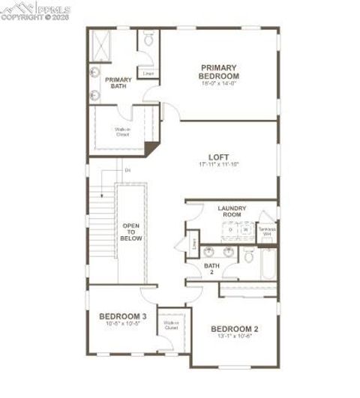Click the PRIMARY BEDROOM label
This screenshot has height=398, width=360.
[x=219, y=70]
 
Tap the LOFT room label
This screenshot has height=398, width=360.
[x=218, y=156]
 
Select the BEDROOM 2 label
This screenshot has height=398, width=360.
[x=234, y=329]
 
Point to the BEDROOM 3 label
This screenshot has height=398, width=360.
[x=122, y=316]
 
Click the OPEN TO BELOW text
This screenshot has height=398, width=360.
[x=131, y=232]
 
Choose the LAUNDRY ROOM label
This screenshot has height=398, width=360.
[x=229, y=211]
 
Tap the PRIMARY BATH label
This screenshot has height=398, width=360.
[x=118, y=82]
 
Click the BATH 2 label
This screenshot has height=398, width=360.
[x=211, y=268]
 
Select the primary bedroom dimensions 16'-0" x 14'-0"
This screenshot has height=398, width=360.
[x=219, y=83]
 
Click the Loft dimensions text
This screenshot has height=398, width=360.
[x=218, y=164]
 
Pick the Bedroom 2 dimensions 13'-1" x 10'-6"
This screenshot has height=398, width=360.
[x=234, y=337]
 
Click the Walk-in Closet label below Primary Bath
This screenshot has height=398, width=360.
[x=122, y=132]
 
